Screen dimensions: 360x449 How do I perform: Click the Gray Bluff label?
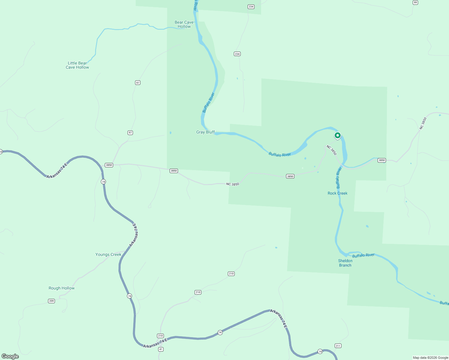click(205, 132)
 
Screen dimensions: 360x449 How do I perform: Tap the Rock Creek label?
click(337, 193)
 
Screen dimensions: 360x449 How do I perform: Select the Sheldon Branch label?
click(345, 263)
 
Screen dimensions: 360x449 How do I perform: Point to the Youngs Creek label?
click(108, 254)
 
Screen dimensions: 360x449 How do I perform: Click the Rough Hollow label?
click(62, 288)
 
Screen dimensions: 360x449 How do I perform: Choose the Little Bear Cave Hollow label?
click(77, 65)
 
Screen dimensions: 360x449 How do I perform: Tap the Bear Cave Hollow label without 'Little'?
click(184, 24)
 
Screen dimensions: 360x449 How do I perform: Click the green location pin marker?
click(338, 136)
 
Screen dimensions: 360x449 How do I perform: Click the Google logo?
click(10, 356)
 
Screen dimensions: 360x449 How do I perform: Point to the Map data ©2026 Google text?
click(430, 358)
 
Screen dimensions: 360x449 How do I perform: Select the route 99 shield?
click(415, 2)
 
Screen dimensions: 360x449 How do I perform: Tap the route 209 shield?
click(51, 301)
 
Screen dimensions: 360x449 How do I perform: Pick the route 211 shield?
click(338, 346)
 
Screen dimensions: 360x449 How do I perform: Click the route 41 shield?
click(161, 349)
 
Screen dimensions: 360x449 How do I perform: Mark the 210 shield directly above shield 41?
click(160, 336)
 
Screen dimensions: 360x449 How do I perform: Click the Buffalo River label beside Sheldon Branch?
click(363, 255)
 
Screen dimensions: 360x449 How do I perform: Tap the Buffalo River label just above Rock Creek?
click(339, 178)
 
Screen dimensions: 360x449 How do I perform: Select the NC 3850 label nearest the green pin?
click(332, 150)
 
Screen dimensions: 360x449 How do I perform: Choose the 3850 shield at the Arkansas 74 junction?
click(109, 165)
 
